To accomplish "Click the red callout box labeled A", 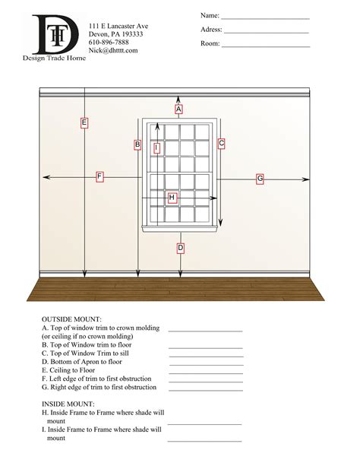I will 178,109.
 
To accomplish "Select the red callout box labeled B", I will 137,144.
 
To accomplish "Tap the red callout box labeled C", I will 221,143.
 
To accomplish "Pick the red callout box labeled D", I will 180,248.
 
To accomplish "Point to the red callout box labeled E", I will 84,122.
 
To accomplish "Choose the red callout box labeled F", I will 99,176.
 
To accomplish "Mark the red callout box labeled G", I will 260,179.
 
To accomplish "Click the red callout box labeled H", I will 172,198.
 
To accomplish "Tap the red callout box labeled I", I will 156,148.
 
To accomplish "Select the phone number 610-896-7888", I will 109,43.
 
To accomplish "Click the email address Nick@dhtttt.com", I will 113,51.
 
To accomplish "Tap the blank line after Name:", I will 265,17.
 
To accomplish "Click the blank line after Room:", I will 266,46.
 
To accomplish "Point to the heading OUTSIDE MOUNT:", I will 71,319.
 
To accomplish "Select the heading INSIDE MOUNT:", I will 68,404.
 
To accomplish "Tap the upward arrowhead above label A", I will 178,99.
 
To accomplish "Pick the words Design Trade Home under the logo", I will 55,58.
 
